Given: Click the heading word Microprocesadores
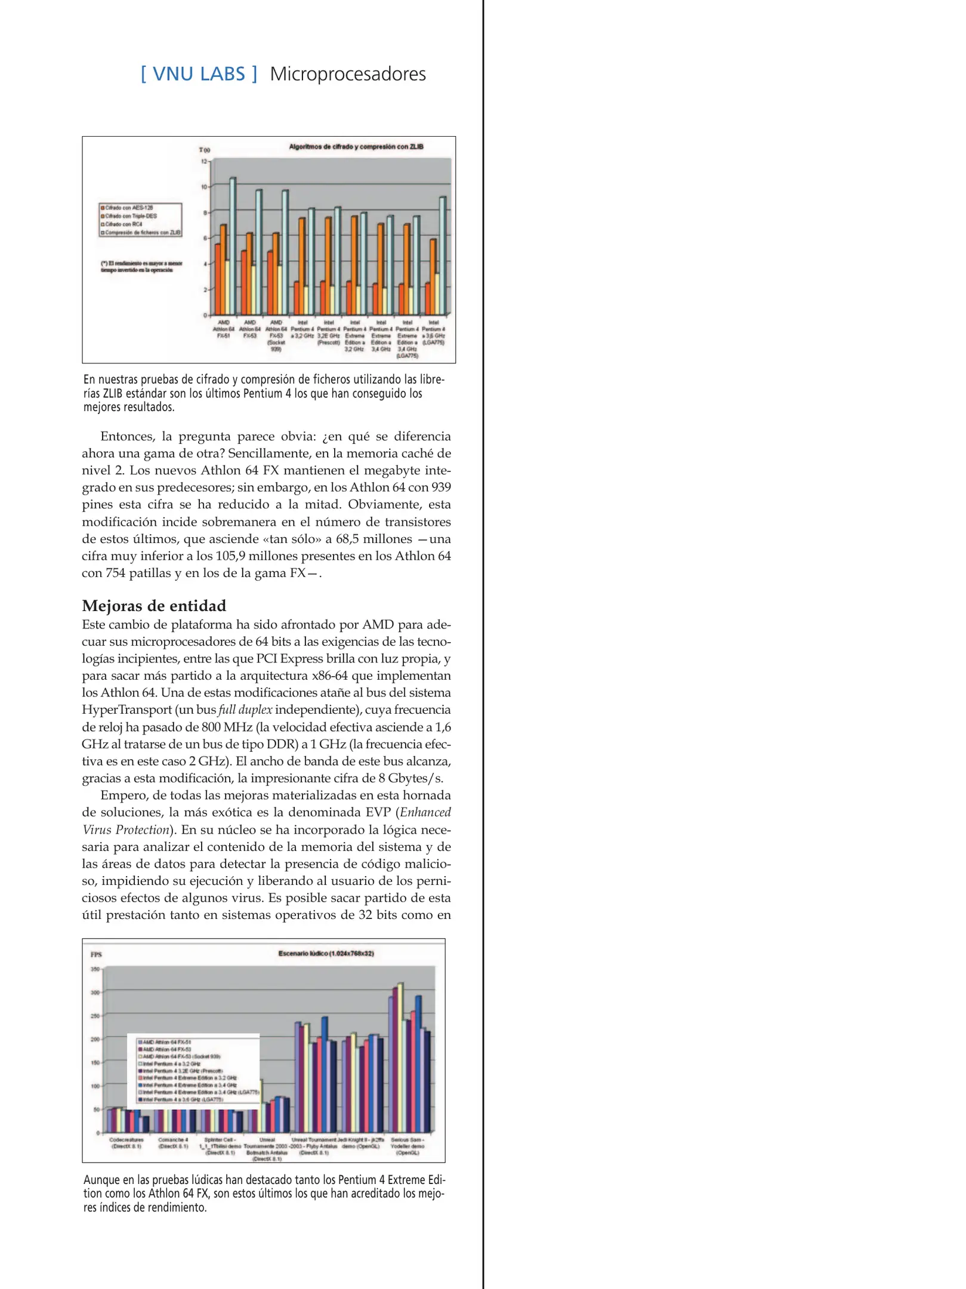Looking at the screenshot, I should click(347, 74).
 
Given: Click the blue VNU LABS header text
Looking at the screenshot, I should click(199, 74).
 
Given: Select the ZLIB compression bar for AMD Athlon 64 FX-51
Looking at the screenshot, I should click(233, 246).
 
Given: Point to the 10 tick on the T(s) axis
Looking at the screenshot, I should click(203, 187).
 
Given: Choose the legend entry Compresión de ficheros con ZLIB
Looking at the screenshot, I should click(143, 233).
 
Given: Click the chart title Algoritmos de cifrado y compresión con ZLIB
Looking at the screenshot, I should click(356, 147).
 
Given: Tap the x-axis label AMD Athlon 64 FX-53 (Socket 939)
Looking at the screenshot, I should click(276, 336).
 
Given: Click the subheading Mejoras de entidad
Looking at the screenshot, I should click(154, 606).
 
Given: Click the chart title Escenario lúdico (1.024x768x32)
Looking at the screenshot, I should click(326, 953).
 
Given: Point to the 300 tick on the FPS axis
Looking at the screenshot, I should click(94, 992).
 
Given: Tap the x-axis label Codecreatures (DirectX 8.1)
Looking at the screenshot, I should click(126, 1142).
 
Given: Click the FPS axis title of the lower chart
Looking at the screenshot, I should click(96, 954).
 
